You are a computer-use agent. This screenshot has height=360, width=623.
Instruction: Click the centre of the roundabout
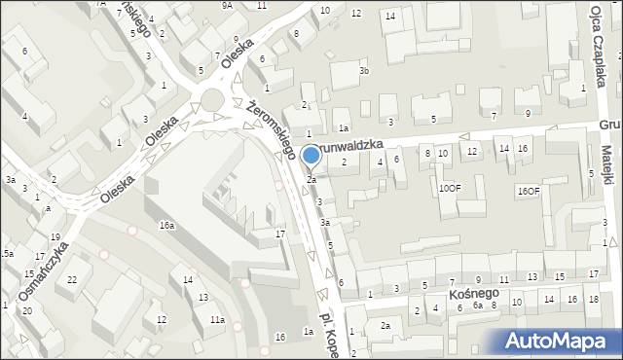pyautogui.click(x=212, y=100)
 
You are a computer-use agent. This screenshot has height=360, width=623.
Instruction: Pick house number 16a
pyautogui.click(x=167, y=225)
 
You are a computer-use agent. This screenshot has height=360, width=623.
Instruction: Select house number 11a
pyautogui.click(x=217, y=319)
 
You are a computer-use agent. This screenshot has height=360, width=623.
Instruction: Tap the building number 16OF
pyautogui.click(x=529, y=191)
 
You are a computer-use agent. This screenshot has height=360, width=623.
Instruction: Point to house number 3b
pyautogui.click(x=363, y=71)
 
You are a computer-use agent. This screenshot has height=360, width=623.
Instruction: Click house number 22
pyautogui.click(x=72, y=280)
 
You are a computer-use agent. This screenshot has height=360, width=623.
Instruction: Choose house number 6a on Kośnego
pyautogui.click(x=477, y=305)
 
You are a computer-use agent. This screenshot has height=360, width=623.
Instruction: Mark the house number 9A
pyautogui.click(x=227, y=5)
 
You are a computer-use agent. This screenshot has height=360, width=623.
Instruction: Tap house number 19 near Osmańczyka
pyautogui.click(x=55, y=237)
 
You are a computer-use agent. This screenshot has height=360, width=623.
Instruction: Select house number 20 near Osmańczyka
pyautogui.click(x=26, y=310)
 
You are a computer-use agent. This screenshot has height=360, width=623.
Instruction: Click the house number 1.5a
pyautogui.click(x=6, y=253)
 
